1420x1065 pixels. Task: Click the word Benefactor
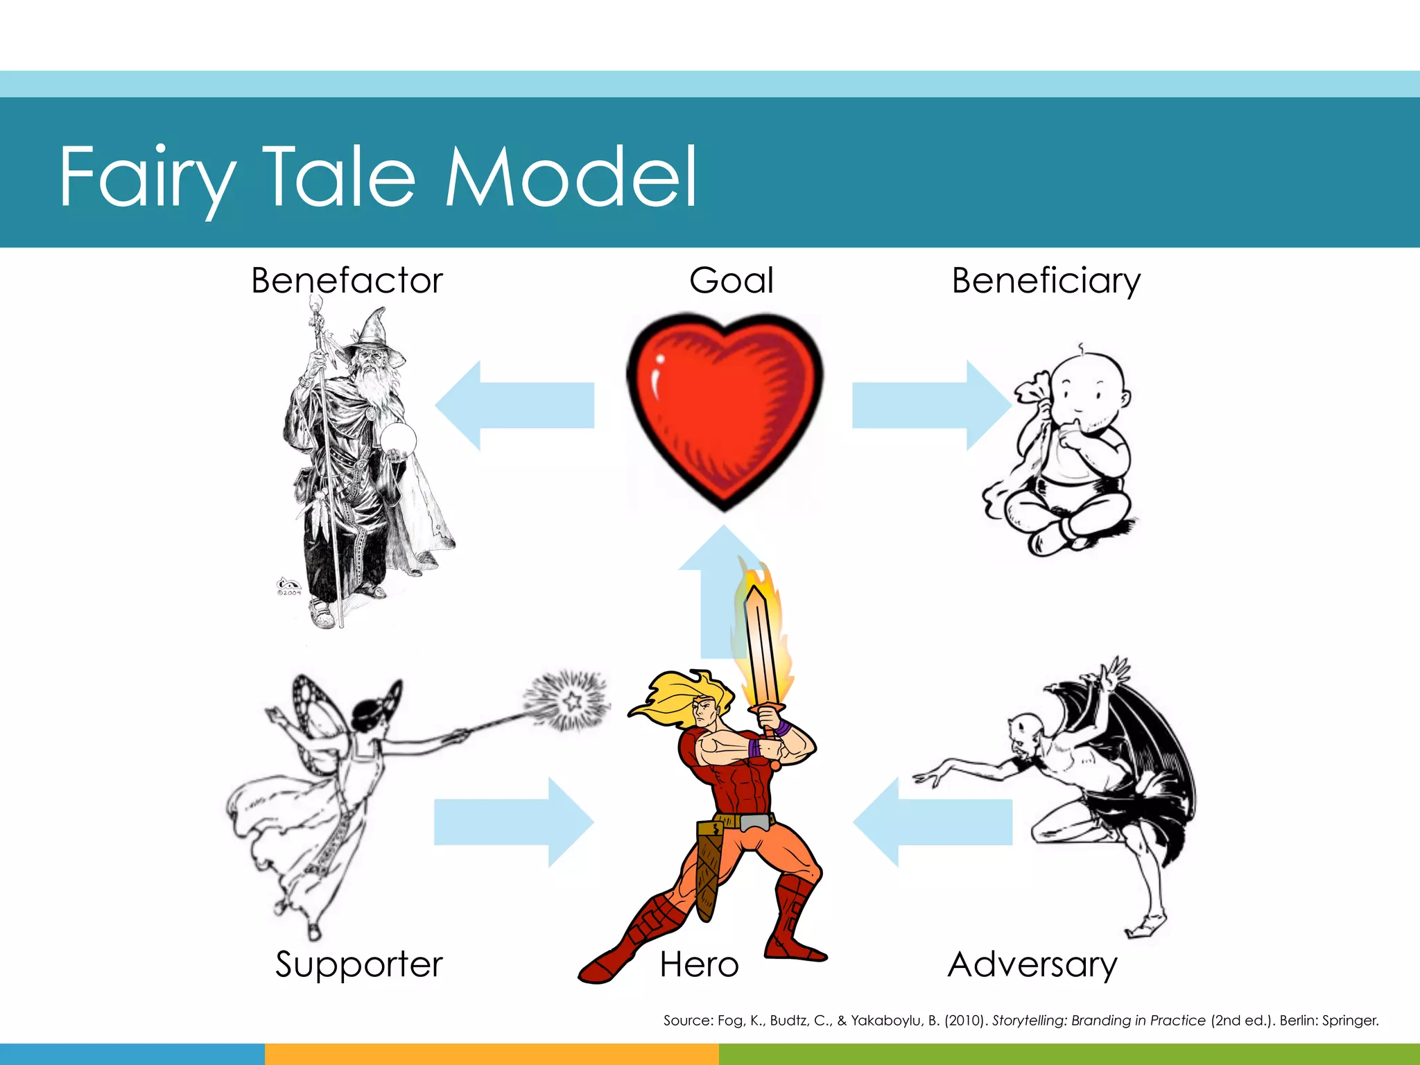(x=347, y=281)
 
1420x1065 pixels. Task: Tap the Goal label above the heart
(x=731, y=281)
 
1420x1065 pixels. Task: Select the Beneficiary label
(x=1046, y=281)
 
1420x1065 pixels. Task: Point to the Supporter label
(x=358, y=964)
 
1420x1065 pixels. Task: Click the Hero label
(x=699, y=964)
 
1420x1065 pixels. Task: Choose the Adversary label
(x=1032, y=964)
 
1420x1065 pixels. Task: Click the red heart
(x=725, y=406)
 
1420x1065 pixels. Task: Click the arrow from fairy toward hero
(x=513, y=822)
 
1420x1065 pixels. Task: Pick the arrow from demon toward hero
(x=933, y=822)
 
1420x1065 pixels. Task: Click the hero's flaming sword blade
(x=761, y=645)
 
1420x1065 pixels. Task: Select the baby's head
(x=1089, y=388)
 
